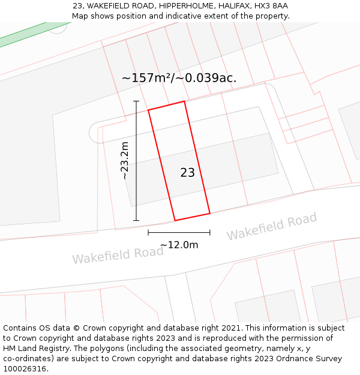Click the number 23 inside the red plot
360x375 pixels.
(187, 173)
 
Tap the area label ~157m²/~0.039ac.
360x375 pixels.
(179, 78)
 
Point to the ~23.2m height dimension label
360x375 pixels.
(124, 160)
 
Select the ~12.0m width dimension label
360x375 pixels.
(179, 245)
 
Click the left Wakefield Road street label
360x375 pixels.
(118, 254)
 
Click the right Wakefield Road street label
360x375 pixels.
(271, 227)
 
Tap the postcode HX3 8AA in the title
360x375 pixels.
(271, 6)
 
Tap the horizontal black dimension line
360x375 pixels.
(179, 232)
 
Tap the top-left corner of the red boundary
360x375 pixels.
(149, 110)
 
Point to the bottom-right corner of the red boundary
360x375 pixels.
(209, 213)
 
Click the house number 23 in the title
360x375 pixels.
(77, 6)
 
